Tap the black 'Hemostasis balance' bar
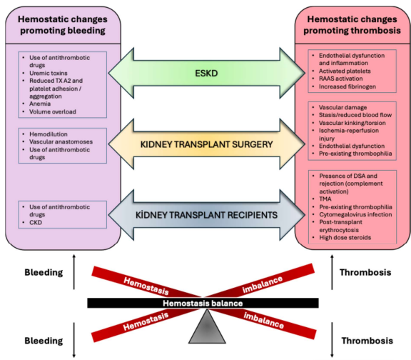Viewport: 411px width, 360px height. point(206,303)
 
